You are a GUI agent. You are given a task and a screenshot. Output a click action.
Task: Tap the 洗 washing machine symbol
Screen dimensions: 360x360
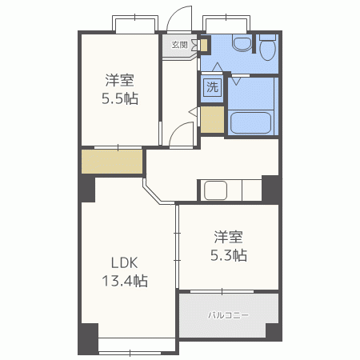[212, 87]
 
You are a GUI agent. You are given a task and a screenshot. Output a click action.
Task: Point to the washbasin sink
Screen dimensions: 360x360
[239, 45]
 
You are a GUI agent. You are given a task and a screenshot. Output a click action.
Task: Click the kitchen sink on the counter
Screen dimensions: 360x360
[216, 190]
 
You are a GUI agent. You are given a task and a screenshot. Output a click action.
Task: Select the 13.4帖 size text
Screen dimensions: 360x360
[124, 281]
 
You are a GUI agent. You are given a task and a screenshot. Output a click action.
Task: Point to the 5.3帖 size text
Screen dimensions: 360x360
[228, 255]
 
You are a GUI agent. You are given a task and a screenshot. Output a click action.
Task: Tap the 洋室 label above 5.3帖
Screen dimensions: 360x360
[228, 237]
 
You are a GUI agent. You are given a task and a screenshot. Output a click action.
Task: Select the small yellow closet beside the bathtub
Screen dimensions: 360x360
[212, 119]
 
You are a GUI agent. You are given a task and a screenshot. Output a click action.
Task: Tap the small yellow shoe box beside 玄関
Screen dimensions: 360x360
[203, 46]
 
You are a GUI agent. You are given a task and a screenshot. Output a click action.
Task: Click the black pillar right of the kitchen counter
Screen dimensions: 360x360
[272, 189]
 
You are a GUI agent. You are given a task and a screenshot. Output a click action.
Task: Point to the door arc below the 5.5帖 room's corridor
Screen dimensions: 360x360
[182, 134]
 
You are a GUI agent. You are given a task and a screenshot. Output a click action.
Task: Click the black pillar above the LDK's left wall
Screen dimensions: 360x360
[86, 190]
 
